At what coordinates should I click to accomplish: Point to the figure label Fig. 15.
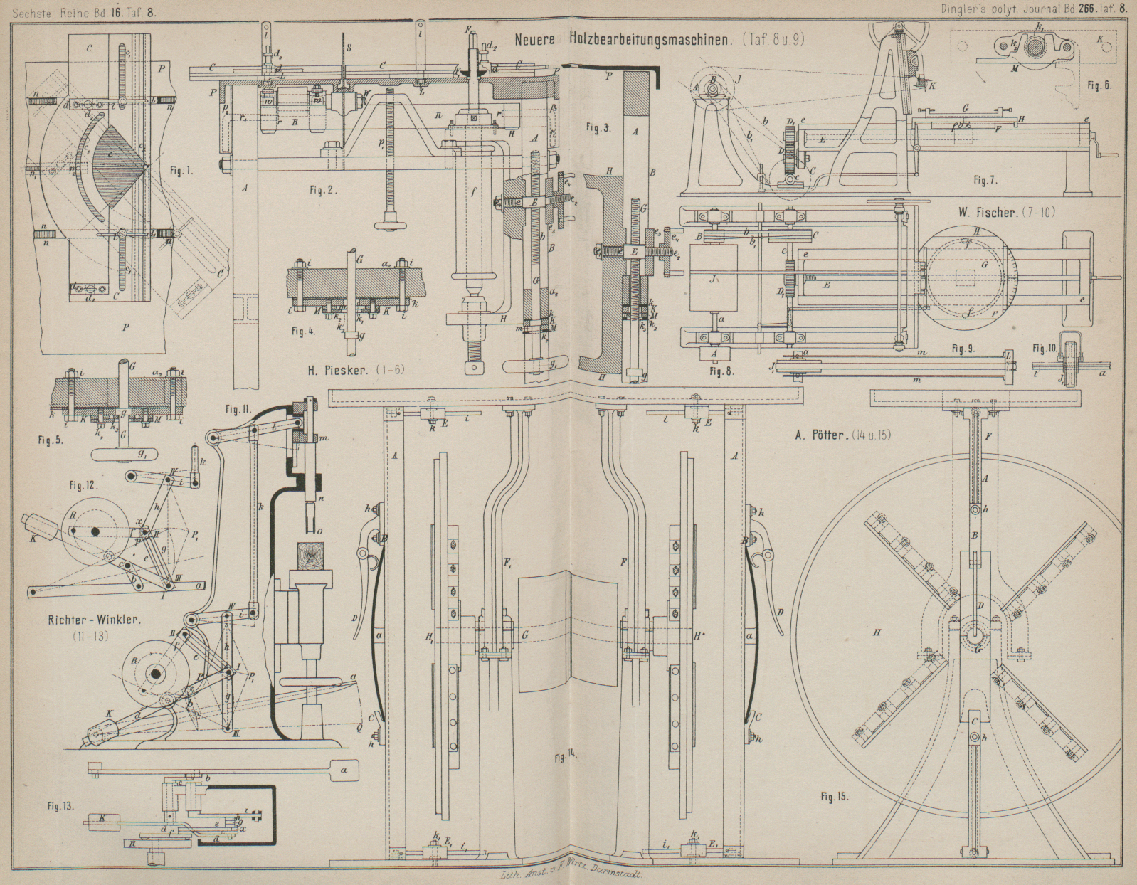tap(834, 797)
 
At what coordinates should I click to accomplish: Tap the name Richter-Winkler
tap(90, 619)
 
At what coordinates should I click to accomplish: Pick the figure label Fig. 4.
tap(302, 331)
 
